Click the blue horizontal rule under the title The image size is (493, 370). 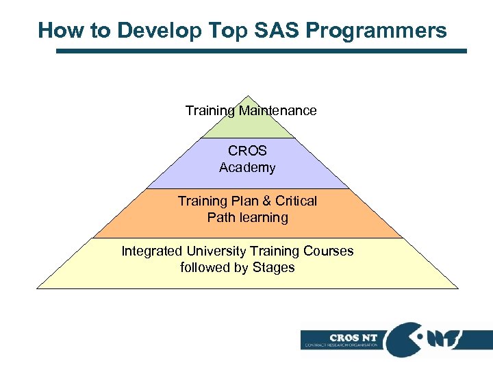260,51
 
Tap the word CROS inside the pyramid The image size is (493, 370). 247,151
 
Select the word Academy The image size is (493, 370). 247,167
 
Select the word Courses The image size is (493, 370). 329,251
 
